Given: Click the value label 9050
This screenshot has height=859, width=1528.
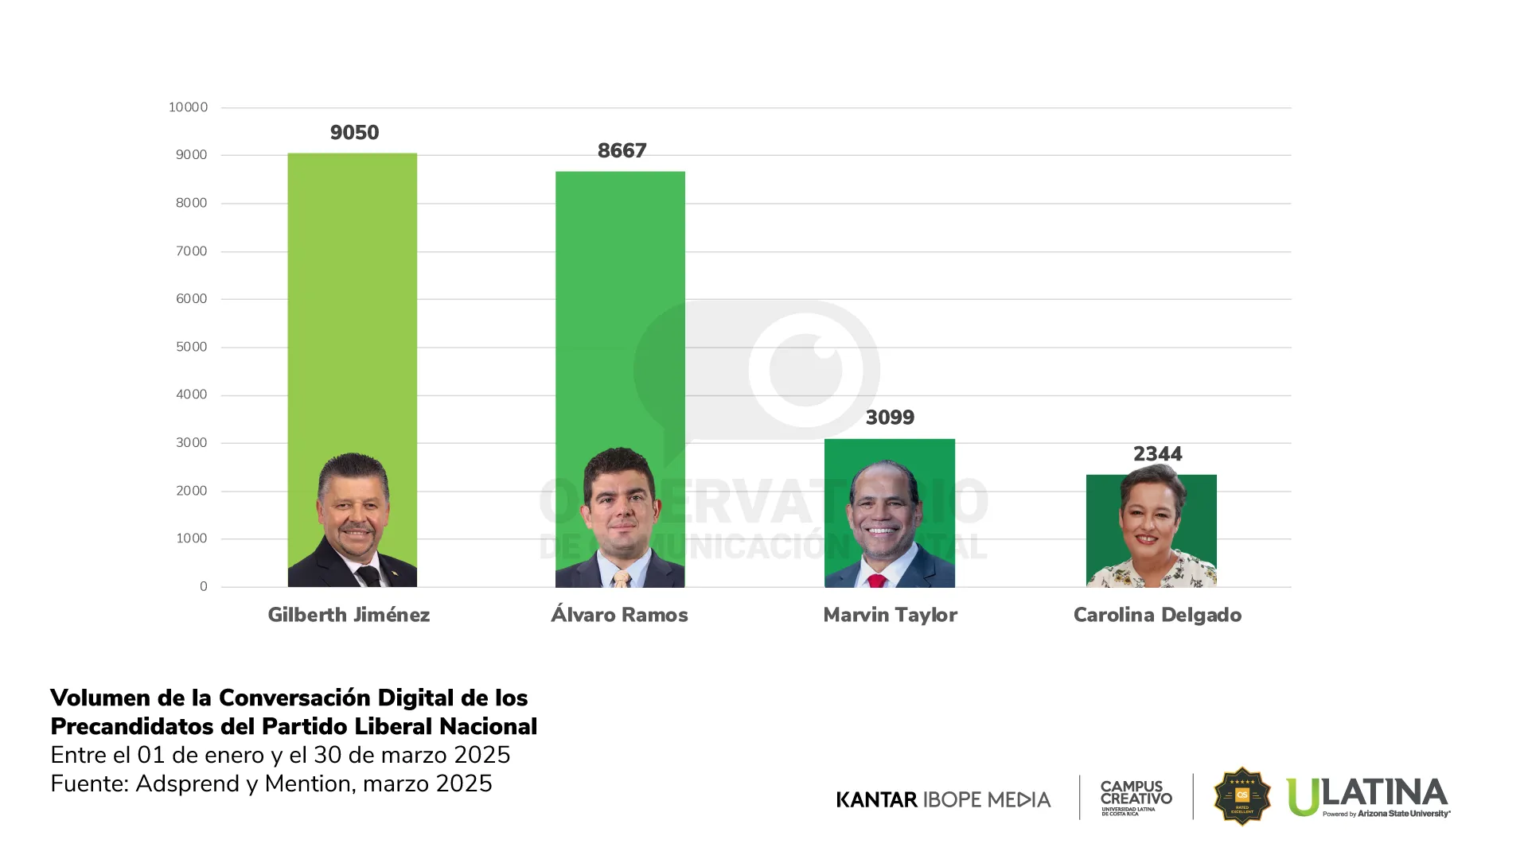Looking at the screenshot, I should (x=354, y=133).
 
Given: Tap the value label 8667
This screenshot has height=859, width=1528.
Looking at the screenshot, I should (x=622, y=151).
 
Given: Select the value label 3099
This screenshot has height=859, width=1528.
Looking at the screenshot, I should (x=890, y=418).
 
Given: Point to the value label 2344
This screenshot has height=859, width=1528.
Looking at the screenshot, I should (x=1157, y=454).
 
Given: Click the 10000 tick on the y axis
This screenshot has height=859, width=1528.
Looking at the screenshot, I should (x=188, y=107).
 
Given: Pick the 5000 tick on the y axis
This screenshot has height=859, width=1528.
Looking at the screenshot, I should (x=191, y=347).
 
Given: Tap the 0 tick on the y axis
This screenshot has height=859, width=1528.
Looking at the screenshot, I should (x=204, y=587).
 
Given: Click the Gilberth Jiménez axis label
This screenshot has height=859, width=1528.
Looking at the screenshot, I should (x=349, y=615).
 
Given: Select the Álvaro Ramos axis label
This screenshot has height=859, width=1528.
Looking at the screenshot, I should (x=619, y=615).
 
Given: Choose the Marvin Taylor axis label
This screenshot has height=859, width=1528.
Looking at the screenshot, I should (x=890, y=615).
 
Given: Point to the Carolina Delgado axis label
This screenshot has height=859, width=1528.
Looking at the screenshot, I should (x=1157, y=615).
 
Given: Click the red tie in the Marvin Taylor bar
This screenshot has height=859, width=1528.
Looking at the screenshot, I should (x=877, y=581).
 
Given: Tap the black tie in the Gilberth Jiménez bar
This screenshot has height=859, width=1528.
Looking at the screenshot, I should (x=368, y=576).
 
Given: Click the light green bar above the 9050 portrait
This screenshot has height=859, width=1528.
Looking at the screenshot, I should (x=352, y=302).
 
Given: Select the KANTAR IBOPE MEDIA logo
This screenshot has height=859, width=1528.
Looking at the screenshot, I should (x=943, y=799).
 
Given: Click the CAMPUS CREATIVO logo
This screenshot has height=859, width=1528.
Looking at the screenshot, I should (x=1136, y=797).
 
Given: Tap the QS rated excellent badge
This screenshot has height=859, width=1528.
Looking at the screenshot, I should (x=1241, y=796).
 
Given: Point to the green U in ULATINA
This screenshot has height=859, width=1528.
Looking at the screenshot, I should (x=1303, y=798).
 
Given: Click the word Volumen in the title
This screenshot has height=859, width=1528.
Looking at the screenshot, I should (x=100, y=698).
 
